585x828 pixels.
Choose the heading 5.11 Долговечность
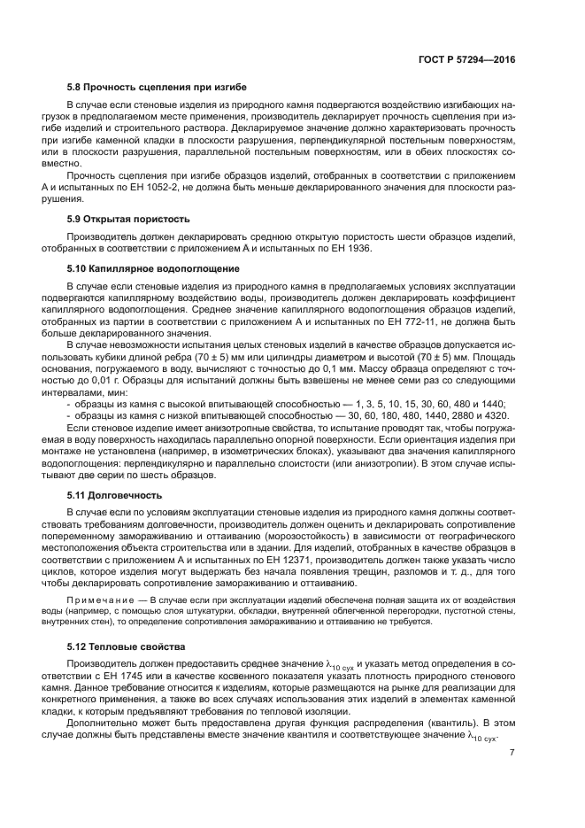[114, 495]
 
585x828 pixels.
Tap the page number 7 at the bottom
[512, 753]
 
